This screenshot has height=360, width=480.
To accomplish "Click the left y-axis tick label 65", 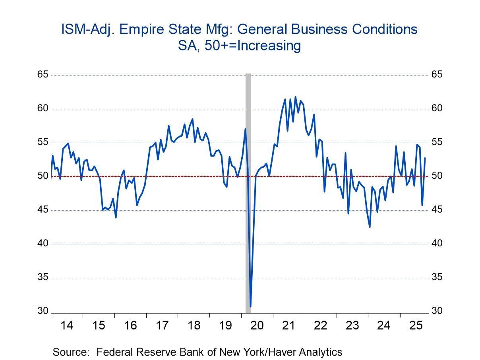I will click(x=43, y=75).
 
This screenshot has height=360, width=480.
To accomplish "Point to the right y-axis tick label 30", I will click(x=437, y=311).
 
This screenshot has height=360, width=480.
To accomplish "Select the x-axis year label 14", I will click(x=67, y=326).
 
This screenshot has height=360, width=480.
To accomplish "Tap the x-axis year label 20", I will click(x=257, y=326).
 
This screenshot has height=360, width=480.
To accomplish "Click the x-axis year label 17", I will click(x=162, y=326).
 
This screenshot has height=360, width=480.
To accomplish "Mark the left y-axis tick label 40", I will click(x=43, y=244).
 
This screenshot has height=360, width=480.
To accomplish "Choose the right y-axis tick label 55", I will click(x=437, y=142).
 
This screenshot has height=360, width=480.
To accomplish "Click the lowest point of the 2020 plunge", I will click(x=250, y=306).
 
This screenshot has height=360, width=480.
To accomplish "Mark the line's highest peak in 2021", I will click(x=295, y=97).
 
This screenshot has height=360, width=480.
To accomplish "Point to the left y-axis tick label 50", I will click(x=43, y=176).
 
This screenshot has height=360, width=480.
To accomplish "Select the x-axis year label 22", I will click(x=321, y=326).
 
